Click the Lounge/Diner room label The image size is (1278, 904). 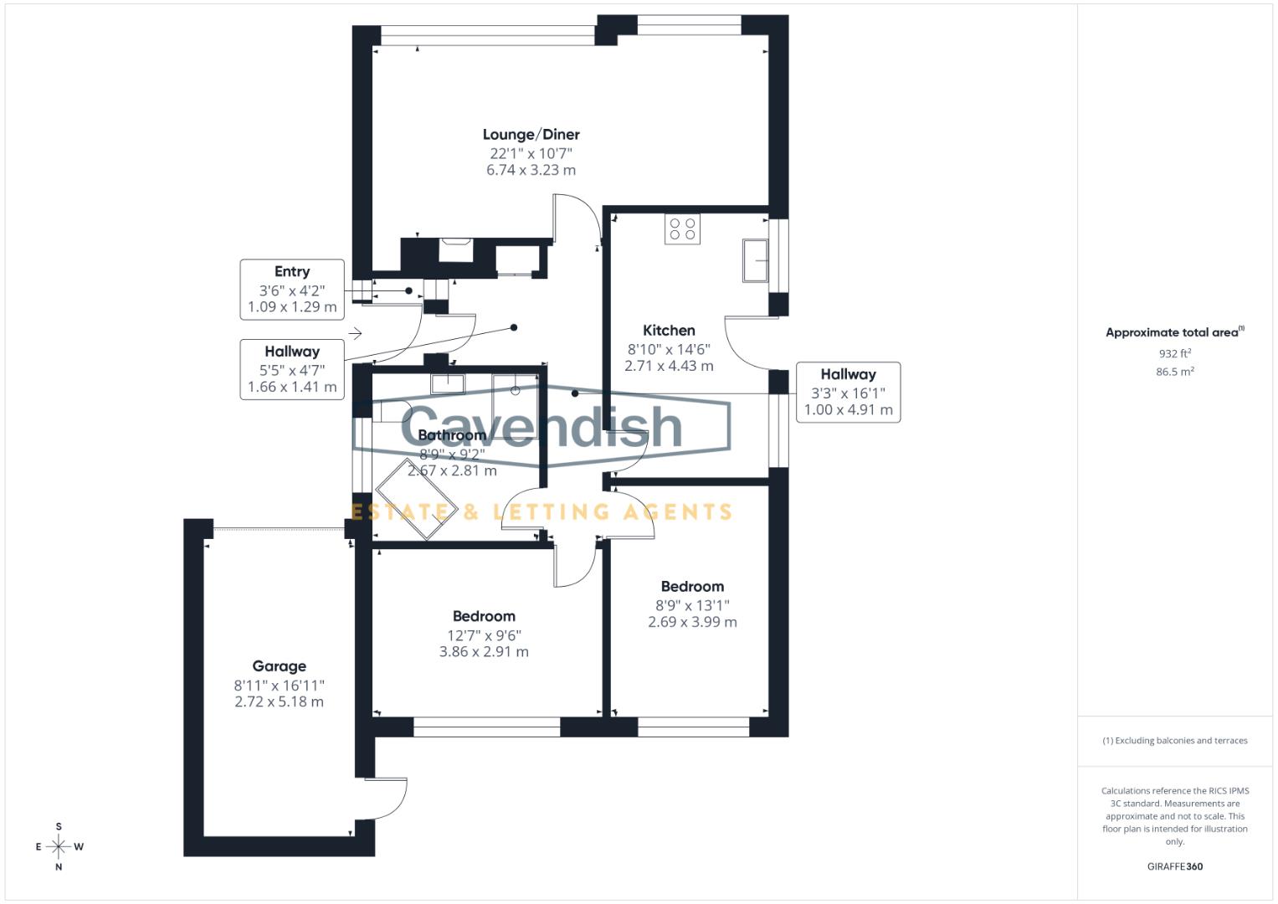(x=531, y=135)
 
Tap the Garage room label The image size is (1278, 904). (x=279, y=666)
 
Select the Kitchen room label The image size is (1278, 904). (x=669, y=330)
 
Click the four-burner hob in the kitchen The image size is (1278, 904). (x=682, y=229)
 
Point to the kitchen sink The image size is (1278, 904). (x=756, y=259)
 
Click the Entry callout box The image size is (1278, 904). (x=292, y=289)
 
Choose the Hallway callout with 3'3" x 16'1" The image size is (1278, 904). (x=848, y=392)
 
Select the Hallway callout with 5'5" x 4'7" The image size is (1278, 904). (x=292, y=369)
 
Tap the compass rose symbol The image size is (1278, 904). (x=59, y=847)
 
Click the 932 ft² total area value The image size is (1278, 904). (x=1174, y=353)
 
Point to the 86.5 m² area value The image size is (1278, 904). (x=1174, y=372)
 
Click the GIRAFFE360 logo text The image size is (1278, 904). (x=1174, y=866)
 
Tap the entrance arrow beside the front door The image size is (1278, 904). (x=355, y=334)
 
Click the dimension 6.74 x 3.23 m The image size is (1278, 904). (x=531, y=170)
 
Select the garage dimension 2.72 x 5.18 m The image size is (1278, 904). (x=279, y=701)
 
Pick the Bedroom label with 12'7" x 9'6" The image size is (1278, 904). (x=484, y=617)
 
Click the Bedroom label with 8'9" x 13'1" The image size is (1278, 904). (x=692, y=587)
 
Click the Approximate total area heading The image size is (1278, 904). (x=1174, y=332)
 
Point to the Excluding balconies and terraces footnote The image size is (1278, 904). (x=1174, y=741)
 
